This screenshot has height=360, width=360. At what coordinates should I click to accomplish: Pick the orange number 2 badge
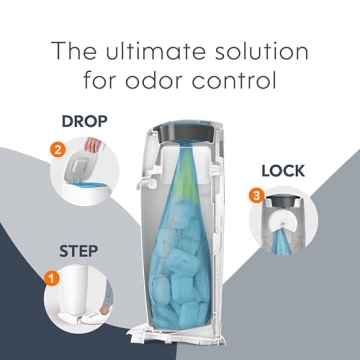(58, 152)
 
